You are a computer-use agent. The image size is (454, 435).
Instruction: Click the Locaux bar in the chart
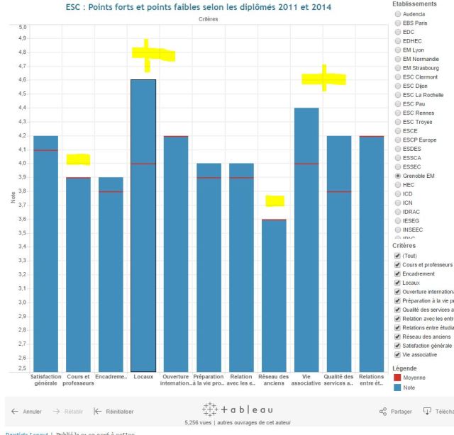(143, 227)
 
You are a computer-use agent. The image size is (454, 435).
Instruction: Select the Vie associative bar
(306, 241)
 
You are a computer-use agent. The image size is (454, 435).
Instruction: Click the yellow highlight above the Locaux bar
(151, 54)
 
